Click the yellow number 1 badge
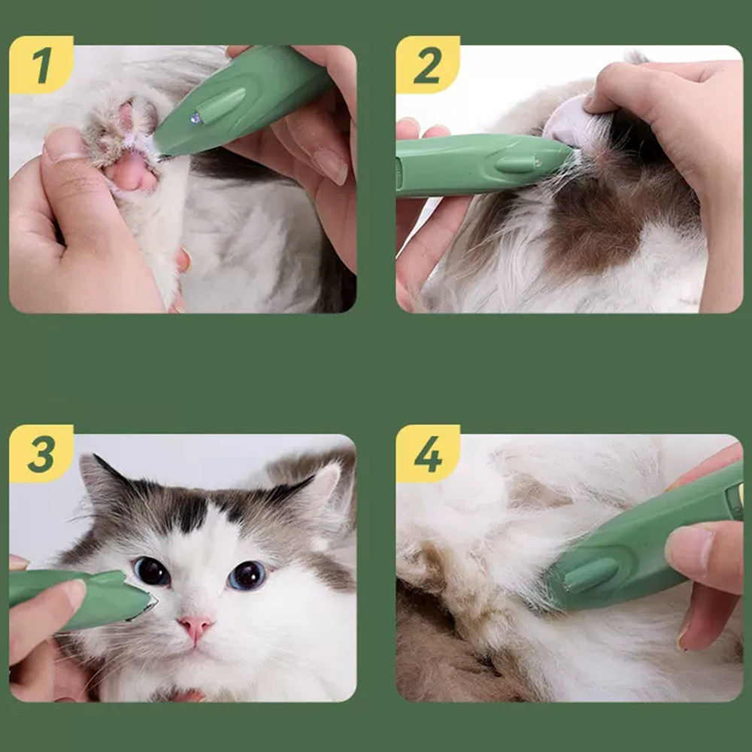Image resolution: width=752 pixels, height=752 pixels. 41,64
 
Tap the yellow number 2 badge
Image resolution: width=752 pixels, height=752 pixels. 428,64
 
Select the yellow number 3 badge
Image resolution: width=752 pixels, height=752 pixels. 41,453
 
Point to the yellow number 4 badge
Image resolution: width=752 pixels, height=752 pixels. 428,453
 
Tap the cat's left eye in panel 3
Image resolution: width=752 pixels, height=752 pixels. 152,571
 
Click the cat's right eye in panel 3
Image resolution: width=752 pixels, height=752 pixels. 247,575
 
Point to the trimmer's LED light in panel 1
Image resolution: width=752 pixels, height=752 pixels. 196,118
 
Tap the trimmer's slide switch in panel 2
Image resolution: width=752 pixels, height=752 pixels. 517,164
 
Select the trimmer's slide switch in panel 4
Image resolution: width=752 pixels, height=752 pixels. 591,575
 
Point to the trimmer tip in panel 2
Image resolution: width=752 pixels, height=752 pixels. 571,153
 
